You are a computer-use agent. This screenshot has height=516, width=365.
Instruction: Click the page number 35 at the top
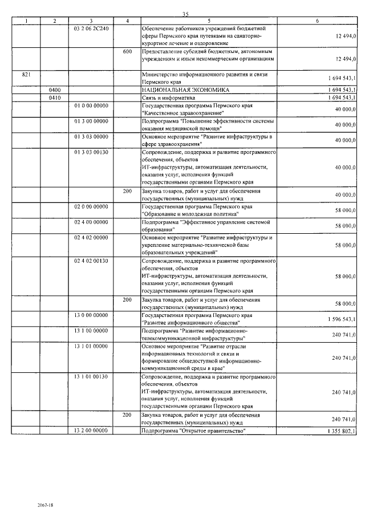tap(185, 14)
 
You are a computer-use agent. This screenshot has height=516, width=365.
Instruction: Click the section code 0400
tap(55, 90)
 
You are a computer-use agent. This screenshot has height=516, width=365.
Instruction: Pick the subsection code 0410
tap(55, 97)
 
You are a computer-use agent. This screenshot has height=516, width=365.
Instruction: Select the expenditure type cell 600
tap(128, 52)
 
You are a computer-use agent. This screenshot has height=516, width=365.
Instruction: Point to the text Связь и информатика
tap(165, 97)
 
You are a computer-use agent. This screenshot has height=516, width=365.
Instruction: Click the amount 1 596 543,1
tap(342, 319)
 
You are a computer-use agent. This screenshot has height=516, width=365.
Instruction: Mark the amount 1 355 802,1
tap(342, 432)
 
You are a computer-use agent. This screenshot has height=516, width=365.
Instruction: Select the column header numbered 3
tap(91, 21)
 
